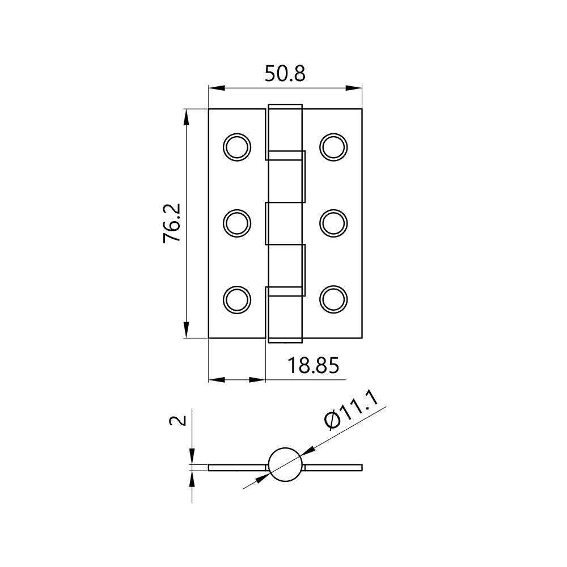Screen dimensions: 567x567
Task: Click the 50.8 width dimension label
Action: point(285,74)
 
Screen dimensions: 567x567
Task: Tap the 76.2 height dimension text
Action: point(172,223)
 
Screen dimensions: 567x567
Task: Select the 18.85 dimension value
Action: point(313,365)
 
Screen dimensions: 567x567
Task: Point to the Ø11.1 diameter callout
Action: point(352,412)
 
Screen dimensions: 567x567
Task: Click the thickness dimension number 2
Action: point(178,420)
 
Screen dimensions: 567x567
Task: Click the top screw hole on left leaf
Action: point(237,147)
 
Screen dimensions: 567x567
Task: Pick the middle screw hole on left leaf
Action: point(237,223)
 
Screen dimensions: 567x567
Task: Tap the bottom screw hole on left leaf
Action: point(237,300)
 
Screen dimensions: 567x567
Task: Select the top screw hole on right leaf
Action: point(333,147)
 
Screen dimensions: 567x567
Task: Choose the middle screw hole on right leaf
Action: point(333,223)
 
